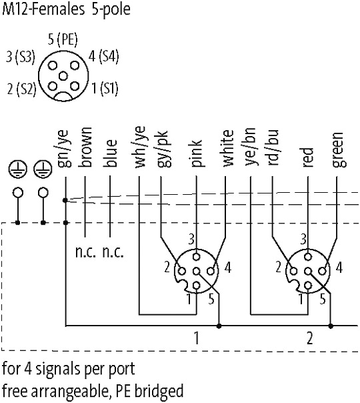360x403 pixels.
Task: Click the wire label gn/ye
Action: pos(63,149)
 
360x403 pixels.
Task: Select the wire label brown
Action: pos(85,147)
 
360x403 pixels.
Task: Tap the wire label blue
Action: pos(111,153)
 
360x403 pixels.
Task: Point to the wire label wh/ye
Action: pos(140,147)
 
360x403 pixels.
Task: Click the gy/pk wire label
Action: pos(162,149)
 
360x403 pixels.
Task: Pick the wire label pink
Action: pos(197,153)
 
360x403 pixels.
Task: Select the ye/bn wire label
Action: pos(251,147)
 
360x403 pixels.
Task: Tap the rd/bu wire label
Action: pos(272,147)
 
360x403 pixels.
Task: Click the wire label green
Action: pos(337,150)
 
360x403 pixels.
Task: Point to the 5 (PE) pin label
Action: pos(63,40)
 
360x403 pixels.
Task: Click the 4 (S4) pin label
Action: pos(103,56)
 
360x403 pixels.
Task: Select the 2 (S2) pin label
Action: pos(22,89)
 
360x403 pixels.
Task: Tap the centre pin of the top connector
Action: pos(63,76)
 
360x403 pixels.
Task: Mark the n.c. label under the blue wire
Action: pos(113,252)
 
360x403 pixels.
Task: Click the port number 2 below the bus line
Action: pos(310,338)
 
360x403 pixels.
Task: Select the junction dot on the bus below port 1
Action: pos(219,326)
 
